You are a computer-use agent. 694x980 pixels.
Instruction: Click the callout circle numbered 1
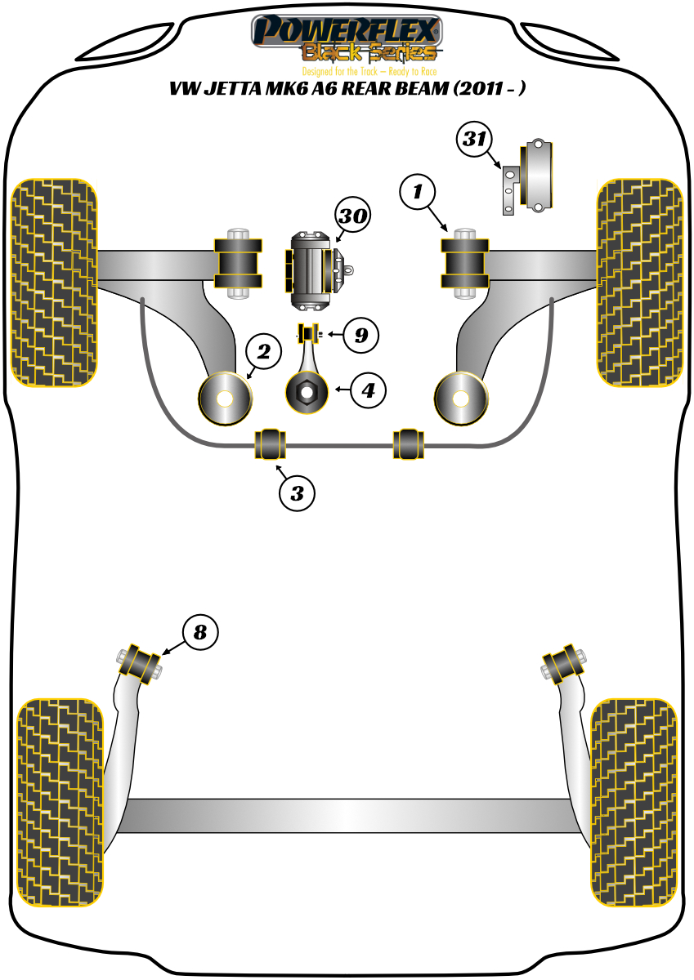coord(418,193)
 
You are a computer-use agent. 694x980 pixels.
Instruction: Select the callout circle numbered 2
coord(263,353)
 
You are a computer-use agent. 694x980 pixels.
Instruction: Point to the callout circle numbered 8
coord(200,631)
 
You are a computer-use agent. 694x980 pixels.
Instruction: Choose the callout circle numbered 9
coord(360,334)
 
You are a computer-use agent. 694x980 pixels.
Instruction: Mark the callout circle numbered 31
coord(473,140)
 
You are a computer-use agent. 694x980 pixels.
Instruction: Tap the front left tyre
coord(55,282)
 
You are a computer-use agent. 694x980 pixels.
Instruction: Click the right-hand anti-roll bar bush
coord(409,443)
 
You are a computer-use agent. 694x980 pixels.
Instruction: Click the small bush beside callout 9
coord(307,334)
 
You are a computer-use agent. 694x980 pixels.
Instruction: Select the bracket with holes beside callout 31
coord(508,189)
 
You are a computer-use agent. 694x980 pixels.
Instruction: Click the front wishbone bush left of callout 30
coord(238,261)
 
